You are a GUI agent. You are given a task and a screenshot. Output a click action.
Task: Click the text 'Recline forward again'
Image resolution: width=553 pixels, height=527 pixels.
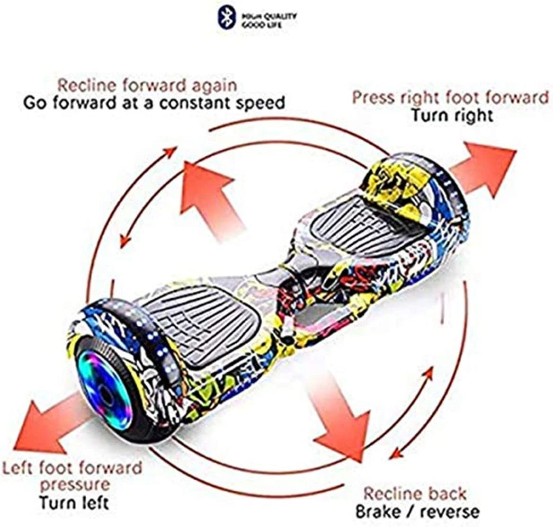coord(147,86)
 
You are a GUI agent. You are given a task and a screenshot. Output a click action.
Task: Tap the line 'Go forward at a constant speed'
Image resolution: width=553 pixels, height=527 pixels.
coord(154,103)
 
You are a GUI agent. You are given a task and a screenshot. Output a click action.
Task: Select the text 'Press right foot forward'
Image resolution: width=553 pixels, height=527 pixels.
coord(450,98)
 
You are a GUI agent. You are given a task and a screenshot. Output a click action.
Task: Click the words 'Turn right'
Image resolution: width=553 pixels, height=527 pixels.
coord(452,115)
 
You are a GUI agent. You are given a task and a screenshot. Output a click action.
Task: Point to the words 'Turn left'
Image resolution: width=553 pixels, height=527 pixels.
coord(74,502)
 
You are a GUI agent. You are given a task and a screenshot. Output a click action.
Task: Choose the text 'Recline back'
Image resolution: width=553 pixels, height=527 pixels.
coord(415,494)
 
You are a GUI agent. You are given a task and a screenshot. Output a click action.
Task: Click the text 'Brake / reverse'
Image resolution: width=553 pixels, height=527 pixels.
coord(417,511)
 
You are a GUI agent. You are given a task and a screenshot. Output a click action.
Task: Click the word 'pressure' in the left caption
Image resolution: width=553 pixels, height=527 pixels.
coord(75,485)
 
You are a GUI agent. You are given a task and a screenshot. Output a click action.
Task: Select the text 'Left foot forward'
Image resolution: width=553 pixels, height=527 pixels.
coord(72,468)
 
